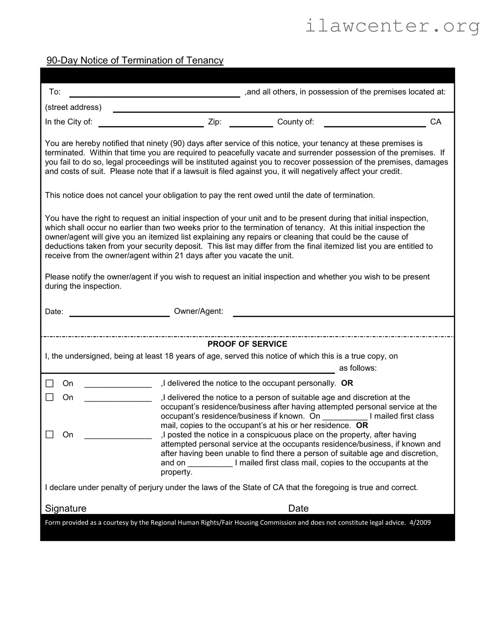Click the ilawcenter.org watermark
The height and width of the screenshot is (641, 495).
tap(392, 26)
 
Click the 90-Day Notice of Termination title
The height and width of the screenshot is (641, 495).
tap(135, 60)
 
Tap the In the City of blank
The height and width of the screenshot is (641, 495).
tap(151, 123)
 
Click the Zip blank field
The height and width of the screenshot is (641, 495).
tap(251, 123)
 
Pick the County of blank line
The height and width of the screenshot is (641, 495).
tap(374, 123)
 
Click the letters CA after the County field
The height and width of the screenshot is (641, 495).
tap(435, 122)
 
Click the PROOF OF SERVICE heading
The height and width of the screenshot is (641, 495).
tap(247, 344)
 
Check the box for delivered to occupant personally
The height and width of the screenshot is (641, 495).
tap(50, 383)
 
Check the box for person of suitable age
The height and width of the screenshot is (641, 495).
tap(50, 397)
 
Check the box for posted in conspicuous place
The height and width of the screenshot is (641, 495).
tap(50, 435)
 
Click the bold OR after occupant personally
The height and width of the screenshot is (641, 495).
tap(347, 383)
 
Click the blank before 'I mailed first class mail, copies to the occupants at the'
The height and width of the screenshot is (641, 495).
tap(210, 463)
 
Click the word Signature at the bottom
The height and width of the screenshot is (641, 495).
tap(66, 508)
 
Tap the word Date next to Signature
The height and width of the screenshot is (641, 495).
tap(298, 508)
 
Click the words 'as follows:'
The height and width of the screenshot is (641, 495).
tap(357, 368)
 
